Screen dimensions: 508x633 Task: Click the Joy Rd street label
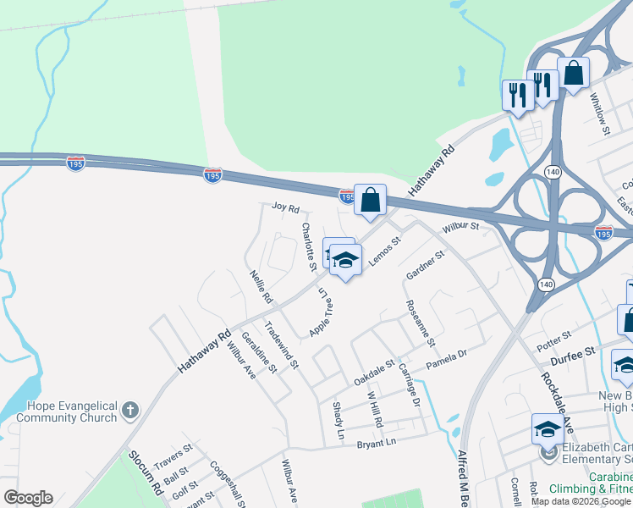[285, 207]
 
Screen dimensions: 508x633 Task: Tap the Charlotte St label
[309, 246]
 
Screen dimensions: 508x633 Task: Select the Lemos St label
[383, 251]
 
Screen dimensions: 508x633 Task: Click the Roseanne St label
[420, 323]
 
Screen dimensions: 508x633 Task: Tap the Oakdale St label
[374, 369]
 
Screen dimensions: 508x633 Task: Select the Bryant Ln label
[376, 443]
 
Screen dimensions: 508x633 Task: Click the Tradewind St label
[281, 345]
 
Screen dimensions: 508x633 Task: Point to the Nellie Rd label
[261, 286]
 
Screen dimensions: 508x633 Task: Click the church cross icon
[129, 411]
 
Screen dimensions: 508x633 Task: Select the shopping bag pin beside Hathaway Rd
[370, 201]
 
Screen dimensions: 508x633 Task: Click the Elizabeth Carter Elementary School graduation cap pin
[547, 429]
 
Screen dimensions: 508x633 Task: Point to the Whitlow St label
[600, 113]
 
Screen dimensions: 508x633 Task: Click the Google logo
[28, 498]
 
